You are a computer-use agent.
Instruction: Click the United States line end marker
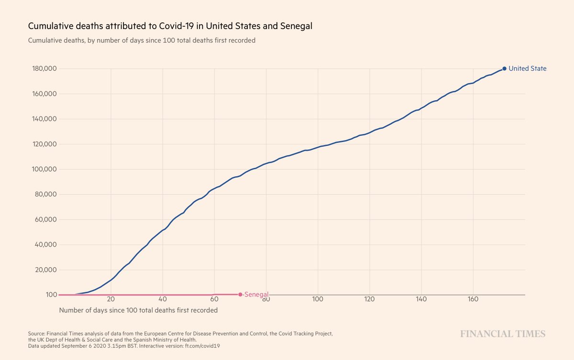pos(504,68)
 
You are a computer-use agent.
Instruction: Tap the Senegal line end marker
pos(240,295)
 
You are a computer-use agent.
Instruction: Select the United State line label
pos(527,68)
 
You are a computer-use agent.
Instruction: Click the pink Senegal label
pos(256,295)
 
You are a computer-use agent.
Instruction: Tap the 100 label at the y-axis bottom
pos(52,295)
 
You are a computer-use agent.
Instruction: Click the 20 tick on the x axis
pos(111,299)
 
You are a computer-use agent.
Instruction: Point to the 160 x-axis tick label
pos(473,299)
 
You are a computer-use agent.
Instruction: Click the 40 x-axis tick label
pos(163,299)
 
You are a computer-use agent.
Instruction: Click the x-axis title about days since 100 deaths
pos(138,310)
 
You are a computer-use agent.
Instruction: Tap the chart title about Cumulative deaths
pos(170,26)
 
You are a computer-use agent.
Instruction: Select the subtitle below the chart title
pos(142,41)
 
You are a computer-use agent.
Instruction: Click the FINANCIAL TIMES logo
pos(502,334)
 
